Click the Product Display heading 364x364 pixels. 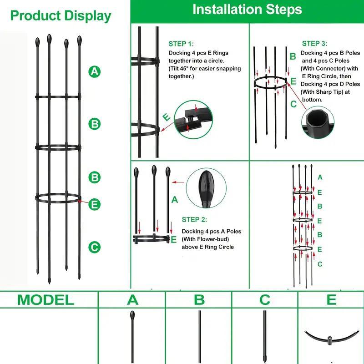61,16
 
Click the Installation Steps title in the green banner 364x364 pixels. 247,10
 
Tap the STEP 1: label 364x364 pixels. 181,44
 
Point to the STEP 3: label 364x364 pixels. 314,44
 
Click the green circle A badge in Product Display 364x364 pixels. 94,71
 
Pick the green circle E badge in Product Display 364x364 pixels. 94,204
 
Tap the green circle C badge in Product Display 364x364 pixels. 94,248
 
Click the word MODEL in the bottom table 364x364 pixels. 45,300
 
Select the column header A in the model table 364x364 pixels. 132,300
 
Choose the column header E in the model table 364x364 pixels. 331,300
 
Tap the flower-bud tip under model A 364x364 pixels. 132,315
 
